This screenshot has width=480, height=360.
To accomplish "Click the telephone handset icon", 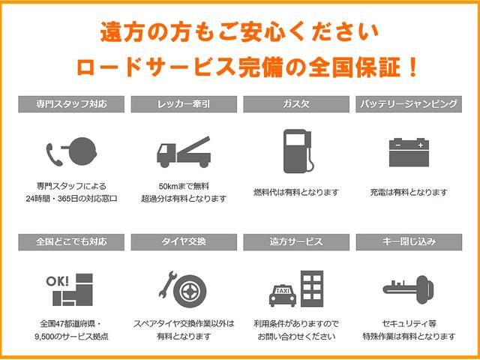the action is coord(54,154).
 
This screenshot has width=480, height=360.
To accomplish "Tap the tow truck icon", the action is coord(184,152).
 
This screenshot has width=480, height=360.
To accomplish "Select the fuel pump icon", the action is coord(297,151).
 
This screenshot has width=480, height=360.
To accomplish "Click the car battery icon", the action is coord(409,152).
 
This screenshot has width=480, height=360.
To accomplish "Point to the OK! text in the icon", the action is coord(57,281).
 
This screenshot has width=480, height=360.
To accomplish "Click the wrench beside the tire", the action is coord(167,284).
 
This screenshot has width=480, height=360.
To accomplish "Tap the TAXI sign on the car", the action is coord(283,290).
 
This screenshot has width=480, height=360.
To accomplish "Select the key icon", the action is coord(408,289).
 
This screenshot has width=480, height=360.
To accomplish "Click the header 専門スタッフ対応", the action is coord(71,104).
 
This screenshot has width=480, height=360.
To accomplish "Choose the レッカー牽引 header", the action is coord(184,104).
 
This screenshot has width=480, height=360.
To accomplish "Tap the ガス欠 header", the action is coord(296,104).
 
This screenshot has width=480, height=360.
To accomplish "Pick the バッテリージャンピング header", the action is coord(409,104).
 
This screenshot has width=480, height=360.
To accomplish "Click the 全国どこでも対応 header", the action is coord(71,242).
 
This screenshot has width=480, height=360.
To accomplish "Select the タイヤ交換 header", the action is coord(184,242).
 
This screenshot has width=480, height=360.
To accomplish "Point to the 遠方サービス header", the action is coord(296,242).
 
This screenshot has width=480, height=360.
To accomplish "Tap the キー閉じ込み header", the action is coord(409,242).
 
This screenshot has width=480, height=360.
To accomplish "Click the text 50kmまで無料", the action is coord(184,186).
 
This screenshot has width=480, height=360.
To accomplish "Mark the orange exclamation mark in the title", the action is coord(412,67).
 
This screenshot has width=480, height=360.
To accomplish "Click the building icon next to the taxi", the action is coord(312,289).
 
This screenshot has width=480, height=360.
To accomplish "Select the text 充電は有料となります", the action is coord(409,193).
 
